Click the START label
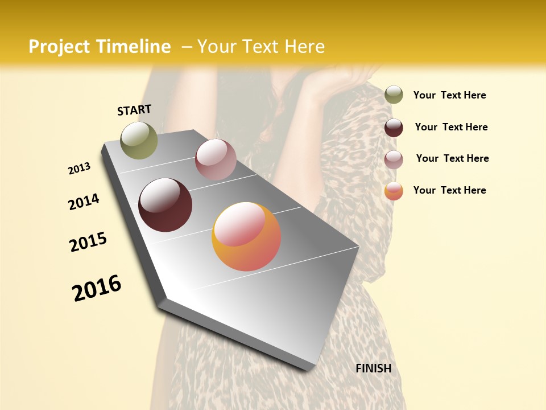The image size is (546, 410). click(134, 110)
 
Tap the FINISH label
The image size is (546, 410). click(373, 368)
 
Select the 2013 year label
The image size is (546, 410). click(80, 168)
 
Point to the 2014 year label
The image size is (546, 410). click(84, 202)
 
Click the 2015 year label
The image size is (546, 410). click(88, 242)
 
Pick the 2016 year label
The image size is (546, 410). click(97, 288)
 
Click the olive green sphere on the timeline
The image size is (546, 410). click(139, 140)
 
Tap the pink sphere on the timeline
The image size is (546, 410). click(216, 159)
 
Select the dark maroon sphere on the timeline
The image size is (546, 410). click(165, 205)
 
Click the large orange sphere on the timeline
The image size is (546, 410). click(246, 236)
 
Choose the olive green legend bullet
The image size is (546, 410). click(394, 95)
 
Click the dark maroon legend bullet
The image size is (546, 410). click(394, 127)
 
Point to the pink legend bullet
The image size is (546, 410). click(394, 159)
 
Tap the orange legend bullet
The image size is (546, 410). click(394, 191)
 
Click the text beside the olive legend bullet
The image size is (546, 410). click(449, 95)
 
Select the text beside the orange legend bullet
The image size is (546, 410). click(449, 190)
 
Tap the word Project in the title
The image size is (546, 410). click(59, 47)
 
